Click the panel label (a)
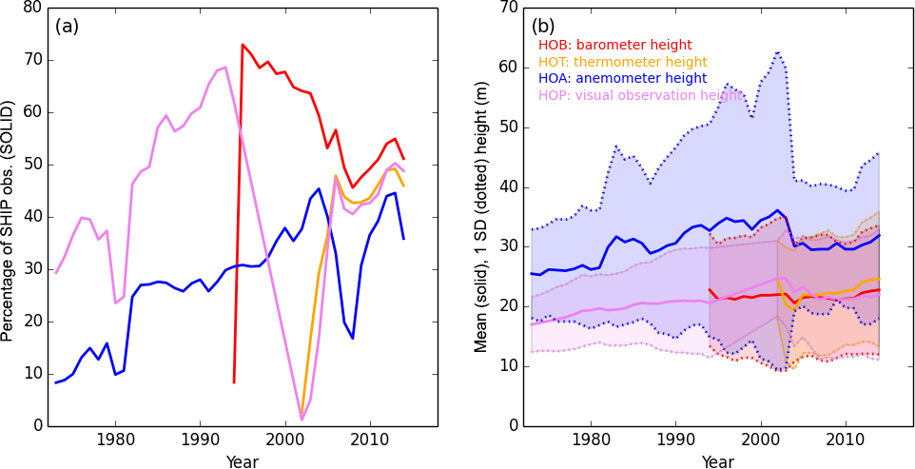[67, 27]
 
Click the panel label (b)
[543, 27]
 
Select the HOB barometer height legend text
[614, 45]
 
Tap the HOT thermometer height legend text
[622, 62]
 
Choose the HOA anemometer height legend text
[621, 79]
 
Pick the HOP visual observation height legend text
[640, 95]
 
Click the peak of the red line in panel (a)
[243, 44]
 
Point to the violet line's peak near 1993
[224, 67]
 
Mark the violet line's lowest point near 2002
[302, 420]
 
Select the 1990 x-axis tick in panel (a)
[200, 441]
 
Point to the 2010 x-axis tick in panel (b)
[845, 441]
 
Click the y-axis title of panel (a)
[9, 216]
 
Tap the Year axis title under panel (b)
[717, 461]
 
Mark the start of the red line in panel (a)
[234, 382]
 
